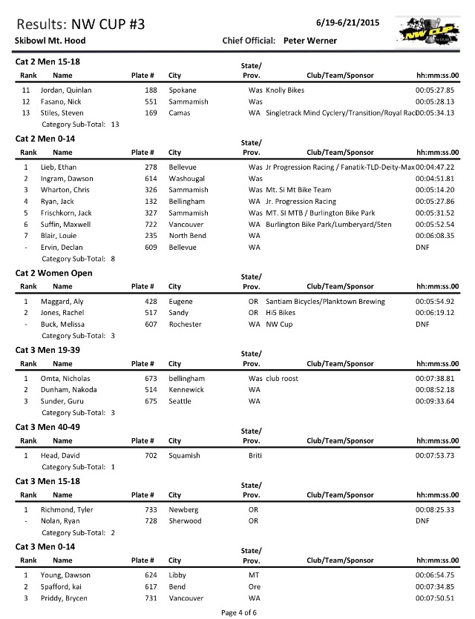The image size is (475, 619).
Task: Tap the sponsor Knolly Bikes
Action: (x=287, y=90)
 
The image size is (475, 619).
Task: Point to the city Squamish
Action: (x=185, y=455)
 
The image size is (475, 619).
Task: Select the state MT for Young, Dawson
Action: (x=254, y=575)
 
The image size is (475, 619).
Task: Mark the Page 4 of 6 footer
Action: (x=237, y=612)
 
